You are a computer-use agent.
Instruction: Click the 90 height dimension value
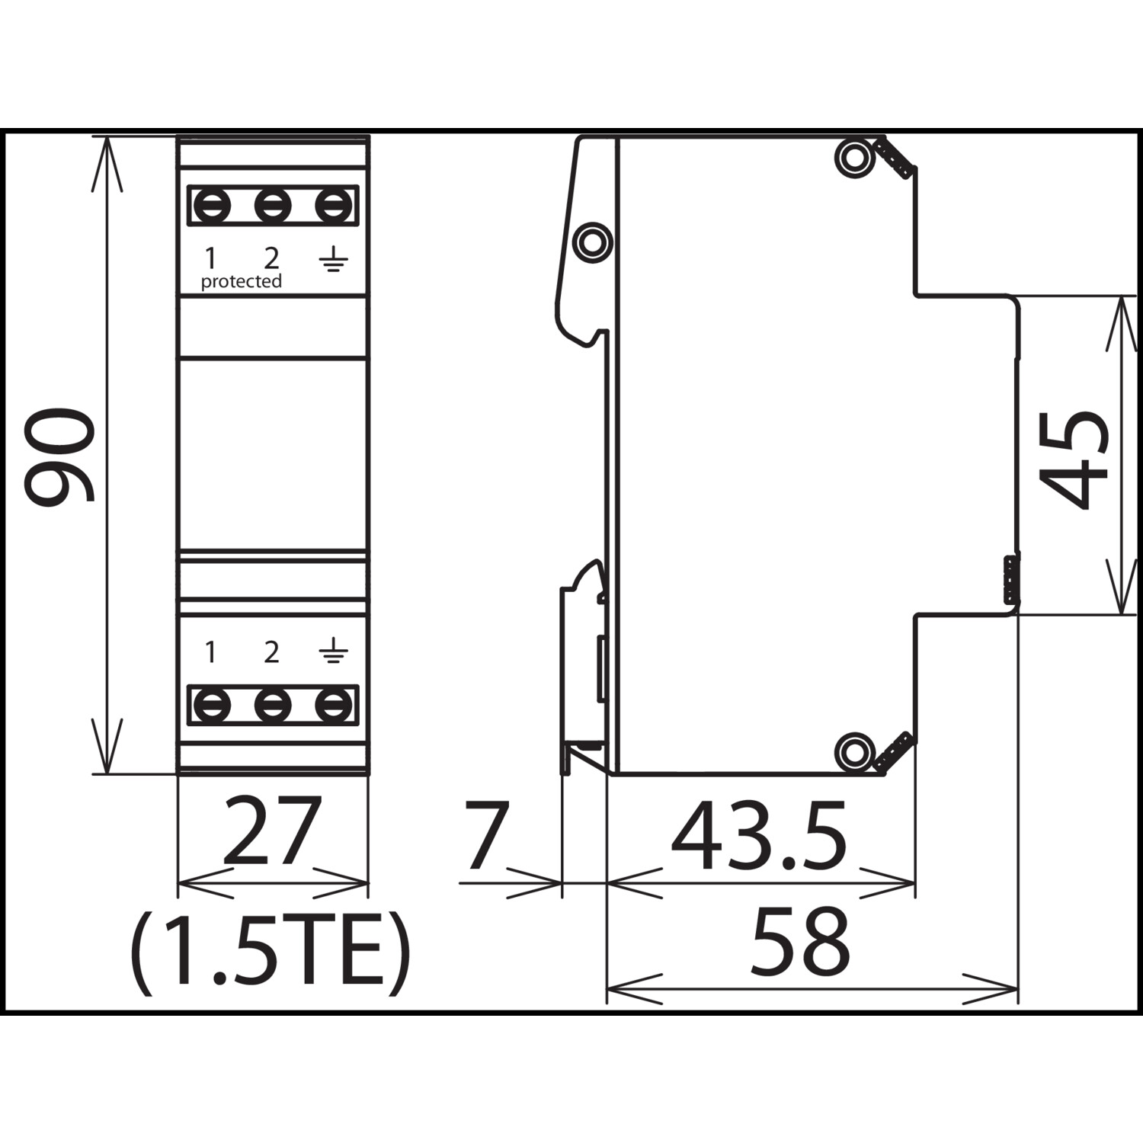[x=59, y=456]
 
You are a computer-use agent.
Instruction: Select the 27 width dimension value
[x=273, y=831]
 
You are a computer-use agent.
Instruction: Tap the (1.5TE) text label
[x=271, y=952]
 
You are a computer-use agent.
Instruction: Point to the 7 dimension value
[x=487, y=835]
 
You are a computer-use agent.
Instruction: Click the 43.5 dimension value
[x=759, y=835]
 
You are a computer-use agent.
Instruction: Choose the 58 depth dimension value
[x=800, y=941]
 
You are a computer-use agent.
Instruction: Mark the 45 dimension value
[x=1074, y=460]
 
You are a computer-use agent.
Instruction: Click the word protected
[x=241, y=282]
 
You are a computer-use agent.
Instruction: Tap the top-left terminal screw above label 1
[x=212, y=206]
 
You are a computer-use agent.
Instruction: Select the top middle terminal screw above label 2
[x=273, y=206]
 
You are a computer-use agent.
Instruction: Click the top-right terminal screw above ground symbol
[x=334, y=206]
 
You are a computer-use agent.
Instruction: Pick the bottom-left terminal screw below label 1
[x=212, y=706]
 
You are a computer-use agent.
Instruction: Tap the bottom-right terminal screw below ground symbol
[x=334, y=706]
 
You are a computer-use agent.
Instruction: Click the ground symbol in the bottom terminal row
[x=334, y=652]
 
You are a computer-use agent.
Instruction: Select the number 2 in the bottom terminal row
[x=272, y=652]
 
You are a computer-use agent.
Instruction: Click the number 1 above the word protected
[x=210, y=259]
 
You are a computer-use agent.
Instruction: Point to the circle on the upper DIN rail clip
[x=592, y=242]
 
